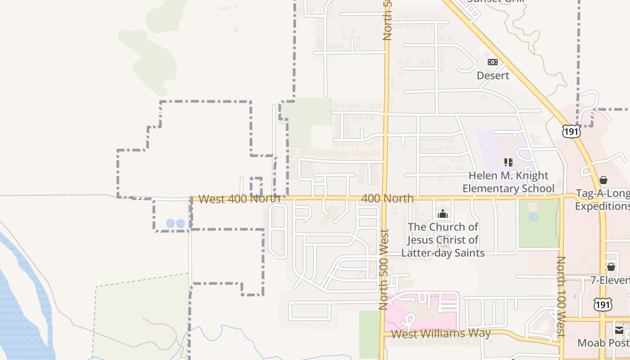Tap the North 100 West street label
(561, 297)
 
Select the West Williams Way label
(441, 334)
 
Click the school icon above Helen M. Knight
(508, 162)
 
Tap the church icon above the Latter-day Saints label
(443, 214)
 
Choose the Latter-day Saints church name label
(443, 240)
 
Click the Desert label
(493, 75)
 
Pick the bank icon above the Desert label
(493, 62)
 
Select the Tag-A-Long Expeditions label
(603, 200)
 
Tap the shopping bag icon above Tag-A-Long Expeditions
(603, 180)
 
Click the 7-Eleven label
(610, 281)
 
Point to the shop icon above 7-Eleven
(611, 267)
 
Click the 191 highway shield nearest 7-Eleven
(602, 305)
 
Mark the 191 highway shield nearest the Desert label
(571, 130)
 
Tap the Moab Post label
(603, 343)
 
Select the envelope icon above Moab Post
(619, 331)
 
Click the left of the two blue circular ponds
(170, 223)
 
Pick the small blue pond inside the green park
(533, 217)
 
